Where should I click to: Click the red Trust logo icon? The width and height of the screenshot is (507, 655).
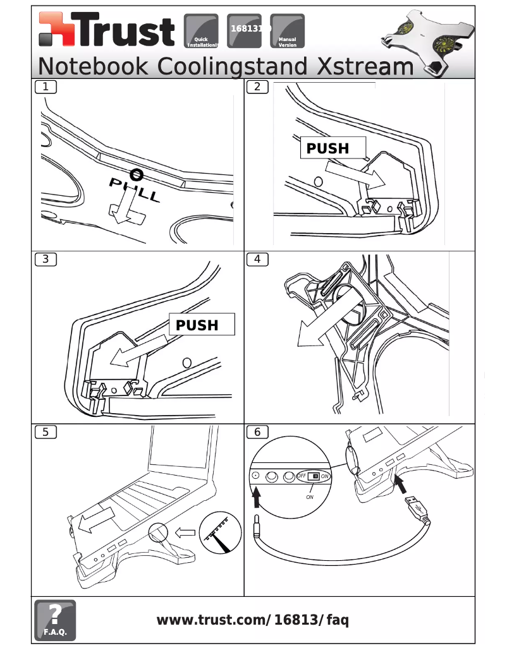point(55,30)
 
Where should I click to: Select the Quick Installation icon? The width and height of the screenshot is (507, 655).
point(201,31)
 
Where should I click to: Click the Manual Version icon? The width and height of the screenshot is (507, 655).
point(287,31)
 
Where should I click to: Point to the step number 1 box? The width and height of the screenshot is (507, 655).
point(45,87)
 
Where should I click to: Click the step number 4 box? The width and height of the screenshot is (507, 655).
point(257,259)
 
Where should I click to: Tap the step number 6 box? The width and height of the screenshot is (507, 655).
point(257,432)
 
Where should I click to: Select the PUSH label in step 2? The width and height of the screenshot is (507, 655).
point(328,148)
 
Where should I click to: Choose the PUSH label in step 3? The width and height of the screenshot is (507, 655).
point(197,325)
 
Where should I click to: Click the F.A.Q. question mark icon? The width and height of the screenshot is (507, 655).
point(55,620)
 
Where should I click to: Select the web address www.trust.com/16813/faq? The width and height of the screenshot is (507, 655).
point(252,620)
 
